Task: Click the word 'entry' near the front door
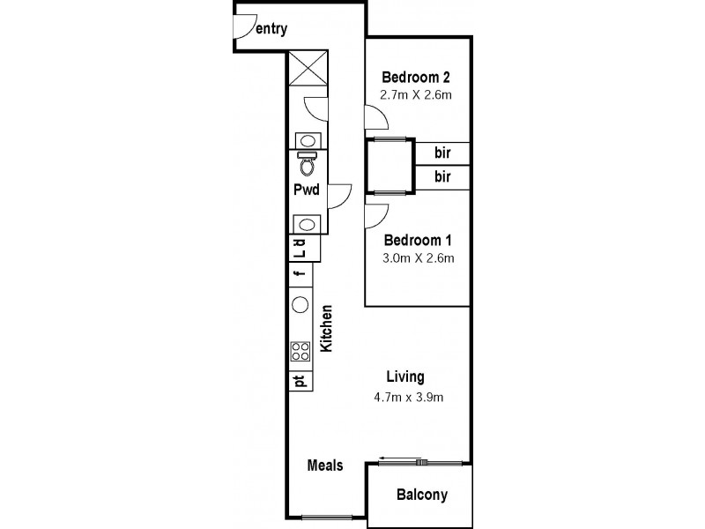271,29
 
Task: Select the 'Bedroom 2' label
415,77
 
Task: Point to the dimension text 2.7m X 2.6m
415,94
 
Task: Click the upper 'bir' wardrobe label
443,153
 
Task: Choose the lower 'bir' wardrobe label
443,177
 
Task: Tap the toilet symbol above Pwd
307,164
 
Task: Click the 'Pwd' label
306,190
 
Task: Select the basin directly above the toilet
307,140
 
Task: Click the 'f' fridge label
300,274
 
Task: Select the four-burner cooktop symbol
300,351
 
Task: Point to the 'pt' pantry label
300,382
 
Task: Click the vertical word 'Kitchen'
325,329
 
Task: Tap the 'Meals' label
324,466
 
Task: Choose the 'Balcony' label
420,495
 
